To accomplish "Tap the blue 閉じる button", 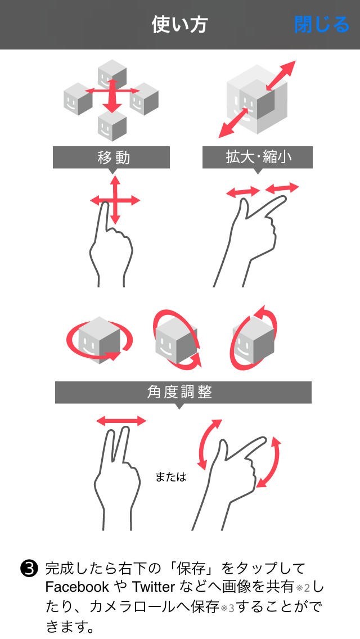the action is (322, 25).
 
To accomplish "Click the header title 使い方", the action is (180, 24).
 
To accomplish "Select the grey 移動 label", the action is (111, 157).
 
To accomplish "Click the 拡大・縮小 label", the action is (258, 157).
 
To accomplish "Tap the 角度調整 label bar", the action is (183, 392).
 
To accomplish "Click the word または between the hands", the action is (171, 477).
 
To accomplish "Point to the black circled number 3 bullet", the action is (29, 568).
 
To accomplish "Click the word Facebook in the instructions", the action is (77, 587).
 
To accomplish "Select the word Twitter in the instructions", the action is (154, 587).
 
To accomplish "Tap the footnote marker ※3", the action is (227, 609).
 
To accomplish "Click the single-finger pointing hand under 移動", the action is (110, 244).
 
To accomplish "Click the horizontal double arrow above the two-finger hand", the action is (121, 421).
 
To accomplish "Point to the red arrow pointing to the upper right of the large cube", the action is (280, 75).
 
